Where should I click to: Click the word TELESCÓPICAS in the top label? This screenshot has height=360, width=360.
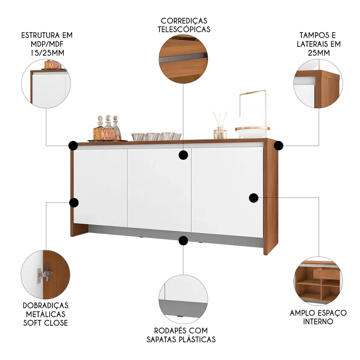pyautogui.click(x=184, y=29)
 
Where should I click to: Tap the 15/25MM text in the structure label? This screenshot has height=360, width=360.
pyautogui.click(x=46, y=53)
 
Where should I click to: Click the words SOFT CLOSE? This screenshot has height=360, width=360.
pyautogui.click(x=45, y=323)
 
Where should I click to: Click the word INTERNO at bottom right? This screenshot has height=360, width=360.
pyautogui.click(x=318, y=321)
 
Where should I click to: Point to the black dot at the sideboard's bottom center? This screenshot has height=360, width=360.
pyautogui.click(x=183, y=240)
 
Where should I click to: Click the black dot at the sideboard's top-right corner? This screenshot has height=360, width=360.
pyautogui.click(x=278, y=145)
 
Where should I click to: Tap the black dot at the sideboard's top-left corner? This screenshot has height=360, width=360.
pyautogui.click(x=73, y=145)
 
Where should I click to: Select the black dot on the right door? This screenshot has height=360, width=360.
pyautogui.click(x=254, y=197)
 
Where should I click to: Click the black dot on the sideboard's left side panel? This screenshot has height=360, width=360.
pyautogui.click(x=74, y=203)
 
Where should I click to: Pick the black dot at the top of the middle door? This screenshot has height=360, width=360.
pyautogui.click(x=184, y=155)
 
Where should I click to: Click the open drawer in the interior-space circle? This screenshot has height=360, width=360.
pyautogui.click(x=326, y=273)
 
